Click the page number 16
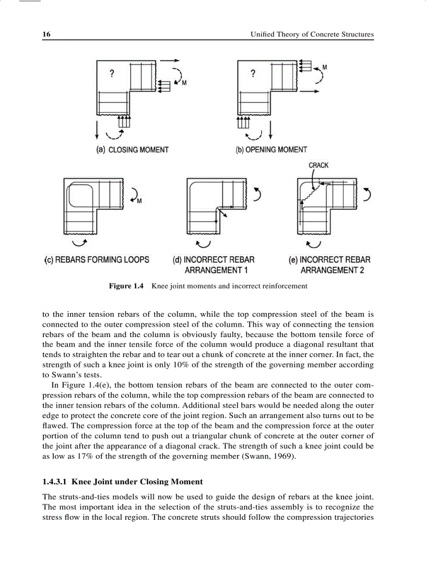(46, 34)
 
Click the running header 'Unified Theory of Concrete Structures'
(312, 34)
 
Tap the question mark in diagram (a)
(112, 74)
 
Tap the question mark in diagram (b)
(253, 74)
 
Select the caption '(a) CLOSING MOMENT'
(133, 150)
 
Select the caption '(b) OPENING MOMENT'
(271, 150)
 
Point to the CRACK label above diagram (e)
(318, 165)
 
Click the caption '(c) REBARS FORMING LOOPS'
(97, 259)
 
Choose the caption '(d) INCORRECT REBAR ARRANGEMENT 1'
(214, 265)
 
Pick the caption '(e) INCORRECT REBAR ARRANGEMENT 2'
(330, 265)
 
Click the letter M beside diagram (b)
(325, 68)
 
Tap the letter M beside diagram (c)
(139, 201)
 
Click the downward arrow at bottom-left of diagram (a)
(97, 128)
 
